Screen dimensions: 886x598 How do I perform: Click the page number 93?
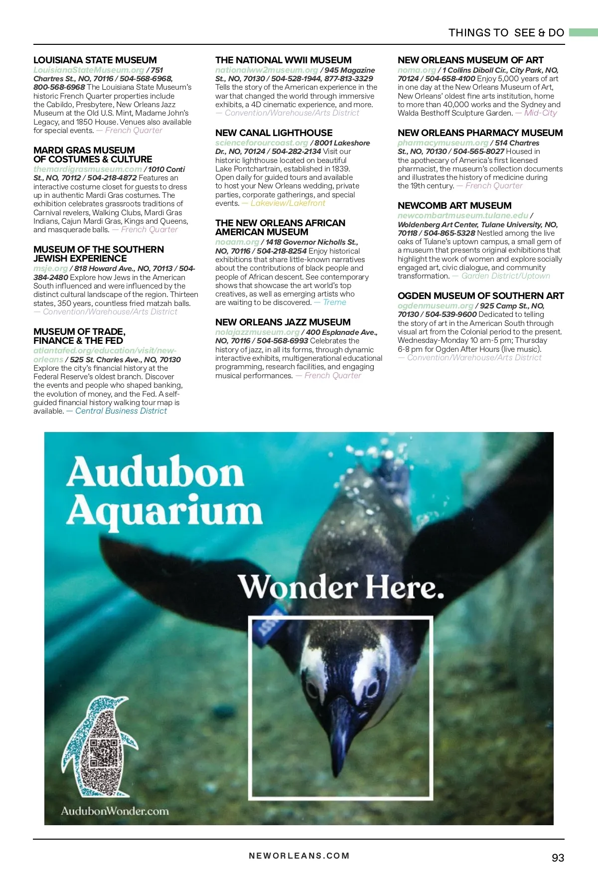(558, 858)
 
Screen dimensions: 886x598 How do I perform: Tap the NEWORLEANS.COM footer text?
(299, 856)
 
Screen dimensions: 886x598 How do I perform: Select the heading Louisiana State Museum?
(95, 60)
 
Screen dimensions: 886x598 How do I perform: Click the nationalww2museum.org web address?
(266, 70)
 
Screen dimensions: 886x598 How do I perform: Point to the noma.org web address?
(417, 70)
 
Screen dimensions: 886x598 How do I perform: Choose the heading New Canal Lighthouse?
(274, 133)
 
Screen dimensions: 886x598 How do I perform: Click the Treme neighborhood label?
(334, 302)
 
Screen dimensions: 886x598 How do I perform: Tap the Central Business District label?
(121, 411)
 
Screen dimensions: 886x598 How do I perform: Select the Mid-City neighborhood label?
(540, 113)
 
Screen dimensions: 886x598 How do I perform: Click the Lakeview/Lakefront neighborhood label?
(288, 203)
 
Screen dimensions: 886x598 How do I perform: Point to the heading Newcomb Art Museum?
(454, 206)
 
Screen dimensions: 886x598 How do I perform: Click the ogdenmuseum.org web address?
(435, 305)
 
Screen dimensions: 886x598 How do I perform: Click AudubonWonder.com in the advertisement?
(115, 811)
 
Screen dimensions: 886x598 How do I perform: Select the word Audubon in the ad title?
(155, 472)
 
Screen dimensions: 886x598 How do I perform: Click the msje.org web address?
(50, 268)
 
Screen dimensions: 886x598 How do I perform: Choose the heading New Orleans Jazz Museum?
(283, 322)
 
